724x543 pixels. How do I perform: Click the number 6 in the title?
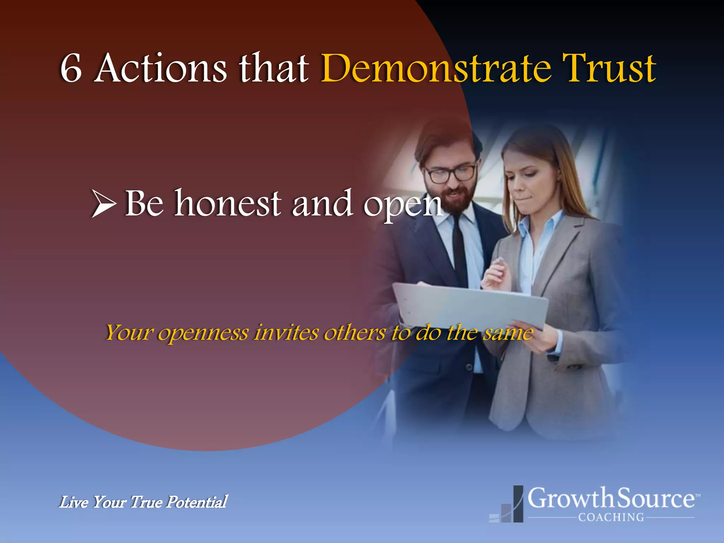[x=71, y=69]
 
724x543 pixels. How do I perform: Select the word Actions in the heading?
[x=161, y=68]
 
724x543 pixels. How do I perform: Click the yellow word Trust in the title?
[x=609, y=68]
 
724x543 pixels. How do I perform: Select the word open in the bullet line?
[x=403, y=205]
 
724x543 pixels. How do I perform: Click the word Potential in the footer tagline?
[x=197, y=502]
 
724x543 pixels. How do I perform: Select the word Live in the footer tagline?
[x=74, y=502]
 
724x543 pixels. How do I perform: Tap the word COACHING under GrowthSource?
[x=611, y=517]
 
